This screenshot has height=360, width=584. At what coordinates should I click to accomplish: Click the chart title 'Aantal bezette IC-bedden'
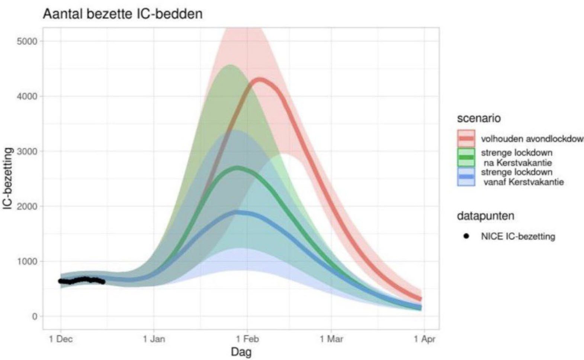tap(122, 14)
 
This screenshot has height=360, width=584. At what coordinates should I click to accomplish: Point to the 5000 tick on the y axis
tap(28, 41)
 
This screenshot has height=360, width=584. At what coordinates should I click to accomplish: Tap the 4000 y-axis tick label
tap(28, 96)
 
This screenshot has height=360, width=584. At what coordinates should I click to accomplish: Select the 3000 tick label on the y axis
tap(28, 151)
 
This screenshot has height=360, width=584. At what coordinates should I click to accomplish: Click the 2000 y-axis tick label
tap(28, 206)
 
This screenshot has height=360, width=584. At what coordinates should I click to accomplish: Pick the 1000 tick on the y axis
tap(28, 261)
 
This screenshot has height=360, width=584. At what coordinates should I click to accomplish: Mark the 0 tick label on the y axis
tap(35, 316)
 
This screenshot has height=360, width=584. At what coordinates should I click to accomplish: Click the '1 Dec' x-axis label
tap(61, 339)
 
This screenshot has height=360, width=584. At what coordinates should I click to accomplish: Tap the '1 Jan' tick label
tap(154, 339)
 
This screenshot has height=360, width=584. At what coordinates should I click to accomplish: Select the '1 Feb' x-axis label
tap(247, 339)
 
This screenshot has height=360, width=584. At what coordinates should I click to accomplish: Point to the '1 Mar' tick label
tap(331, 339)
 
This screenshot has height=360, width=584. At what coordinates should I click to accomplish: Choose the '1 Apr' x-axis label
tap(425, 339)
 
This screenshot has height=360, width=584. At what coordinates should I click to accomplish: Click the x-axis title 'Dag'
tap(241, 352)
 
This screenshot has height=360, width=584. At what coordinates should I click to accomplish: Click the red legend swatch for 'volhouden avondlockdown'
tap(466, 138)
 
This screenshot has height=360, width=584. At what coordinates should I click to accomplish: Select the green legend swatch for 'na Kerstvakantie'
tap(466, 157)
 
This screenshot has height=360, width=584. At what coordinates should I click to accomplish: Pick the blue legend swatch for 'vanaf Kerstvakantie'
tap(466, 177)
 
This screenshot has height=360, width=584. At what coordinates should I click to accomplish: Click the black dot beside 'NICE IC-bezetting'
tap(466, 236)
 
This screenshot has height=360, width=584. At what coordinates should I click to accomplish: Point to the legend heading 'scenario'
tap(479, 118)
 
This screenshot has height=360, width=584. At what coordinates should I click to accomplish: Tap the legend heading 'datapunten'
tap(486, 216)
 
